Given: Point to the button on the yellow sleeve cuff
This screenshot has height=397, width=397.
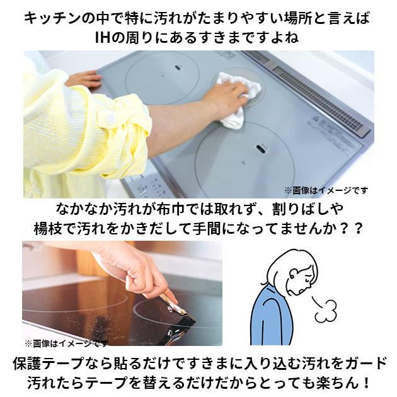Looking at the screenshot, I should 111,119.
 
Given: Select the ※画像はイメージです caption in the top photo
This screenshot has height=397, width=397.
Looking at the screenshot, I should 325,190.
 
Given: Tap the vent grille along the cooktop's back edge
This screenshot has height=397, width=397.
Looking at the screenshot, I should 315,88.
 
